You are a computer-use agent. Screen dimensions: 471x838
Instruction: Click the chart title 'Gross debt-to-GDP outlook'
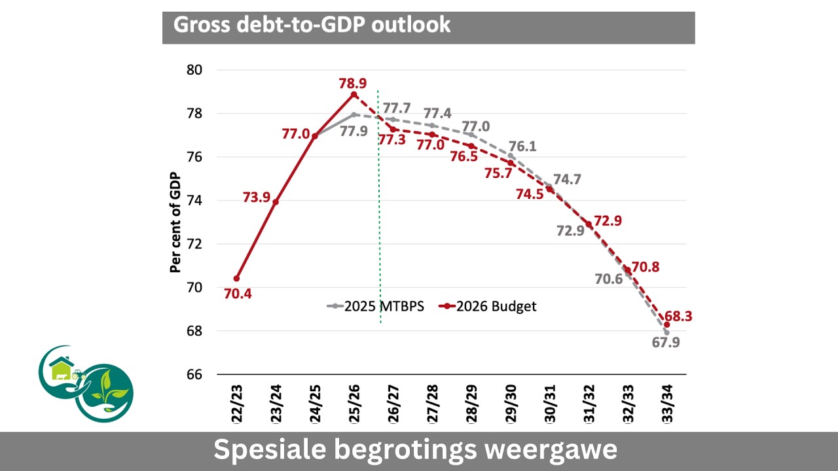point(312,25)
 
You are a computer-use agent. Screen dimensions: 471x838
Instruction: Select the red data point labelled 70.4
point(236,279)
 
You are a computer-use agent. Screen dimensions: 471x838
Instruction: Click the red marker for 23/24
point(276,201)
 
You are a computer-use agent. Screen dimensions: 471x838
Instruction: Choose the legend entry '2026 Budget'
point(488,306)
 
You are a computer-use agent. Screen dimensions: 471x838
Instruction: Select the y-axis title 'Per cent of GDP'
point(175,222)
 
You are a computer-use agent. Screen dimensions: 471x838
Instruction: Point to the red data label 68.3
point(678,317)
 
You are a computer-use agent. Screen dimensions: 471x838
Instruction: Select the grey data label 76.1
point(522,147)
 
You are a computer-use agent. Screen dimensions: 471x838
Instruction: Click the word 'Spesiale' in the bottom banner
point(266,451)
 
